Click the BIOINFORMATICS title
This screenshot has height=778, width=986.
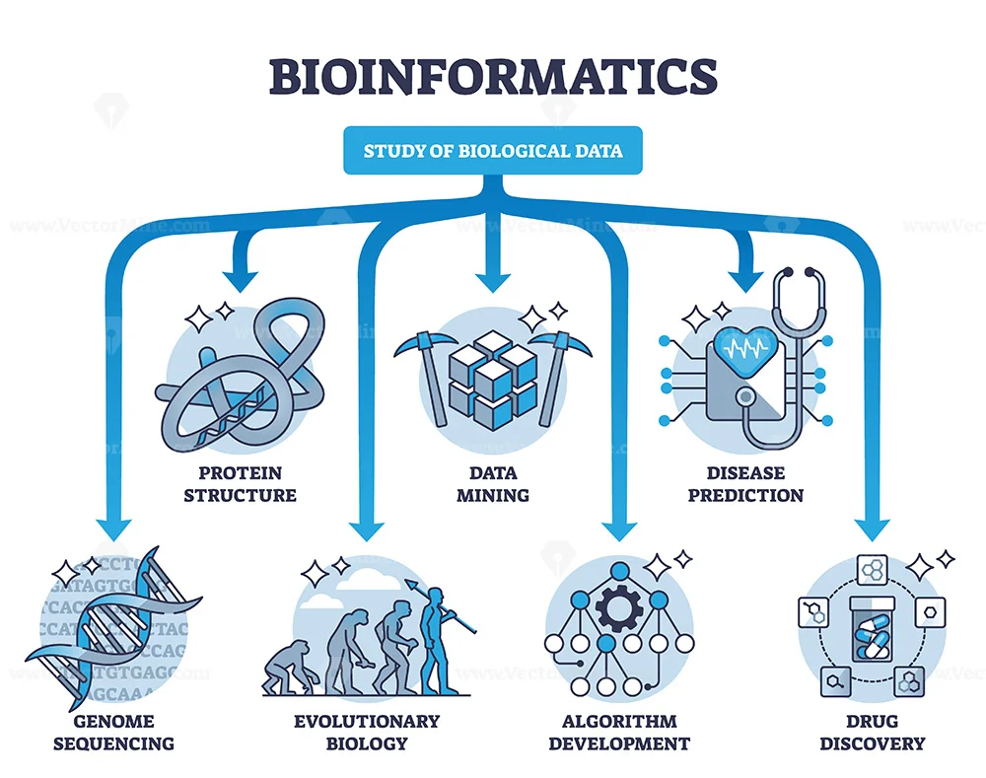point(493,77)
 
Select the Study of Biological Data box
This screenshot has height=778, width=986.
point(493,152)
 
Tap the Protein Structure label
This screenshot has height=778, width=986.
point(240,482)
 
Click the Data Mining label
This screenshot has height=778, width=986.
point(493,482)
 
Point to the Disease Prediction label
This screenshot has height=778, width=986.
point(745,482)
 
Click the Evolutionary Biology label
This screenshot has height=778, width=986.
point(365,732)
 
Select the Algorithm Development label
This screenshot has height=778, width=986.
point(619,732)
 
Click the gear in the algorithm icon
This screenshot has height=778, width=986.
point(619,609)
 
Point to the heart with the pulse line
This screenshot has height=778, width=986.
point(746,348)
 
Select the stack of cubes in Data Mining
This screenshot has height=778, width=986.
point(492,375)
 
